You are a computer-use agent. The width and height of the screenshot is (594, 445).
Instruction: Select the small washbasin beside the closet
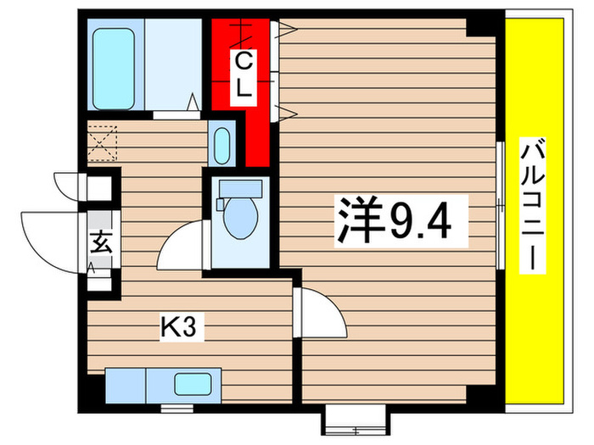point(223,147)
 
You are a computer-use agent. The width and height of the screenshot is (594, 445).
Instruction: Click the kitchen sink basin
point(194,384)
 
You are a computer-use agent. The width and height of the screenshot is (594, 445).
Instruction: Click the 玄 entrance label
point(98,241)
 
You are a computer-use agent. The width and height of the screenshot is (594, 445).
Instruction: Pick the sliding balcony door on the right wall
point(500,203)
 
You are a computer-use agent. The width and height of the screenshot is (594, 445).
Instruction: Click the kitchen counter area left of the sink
point(127,384)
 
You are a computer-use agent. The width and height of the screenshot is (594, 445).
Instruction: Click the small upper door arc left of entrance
point(66,184)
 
